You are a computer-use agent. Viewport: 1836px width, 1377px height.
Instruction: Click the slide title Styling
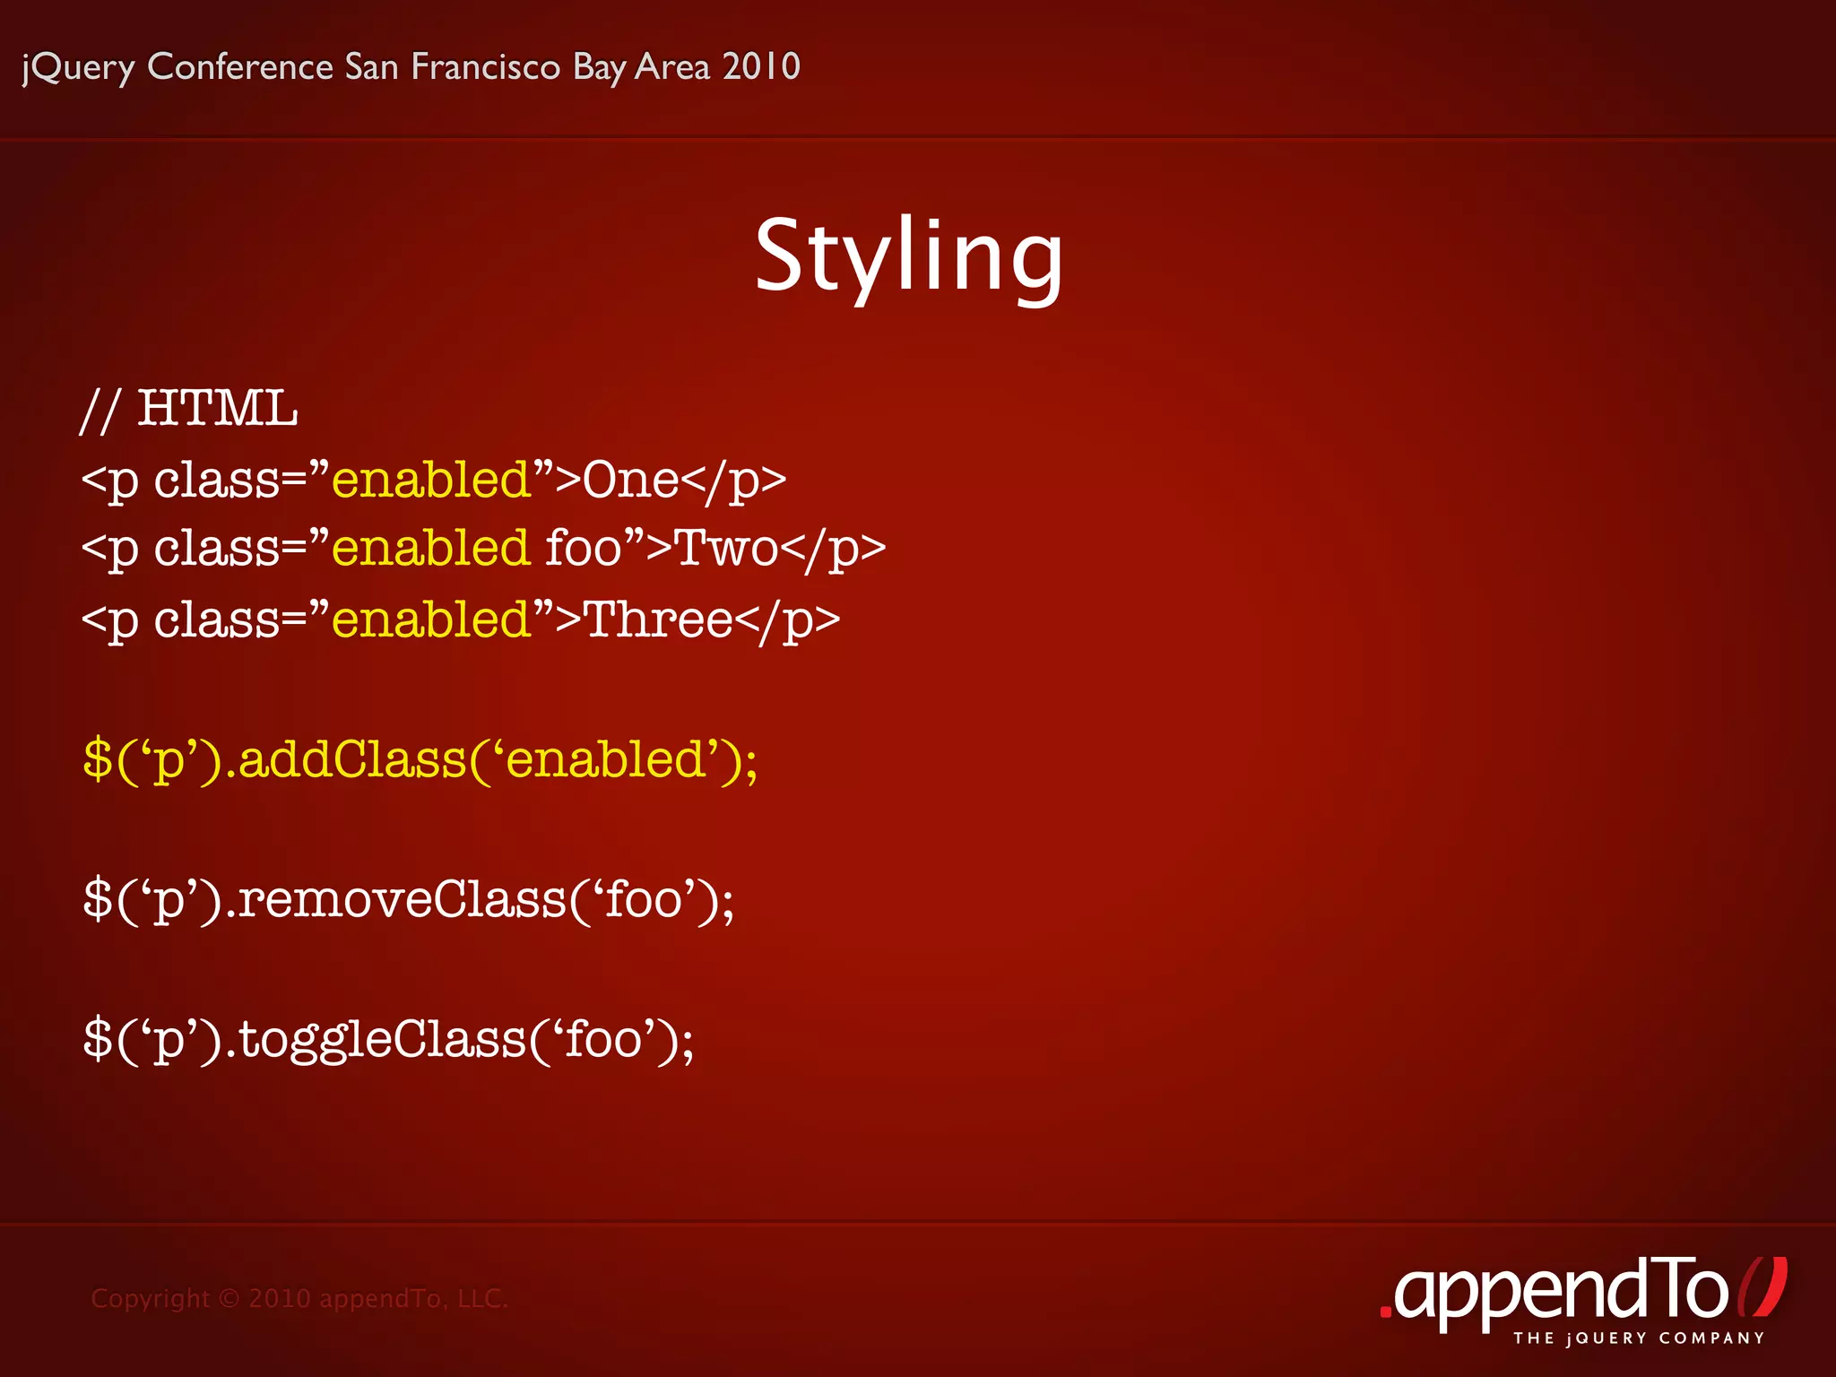[x=908, y=257]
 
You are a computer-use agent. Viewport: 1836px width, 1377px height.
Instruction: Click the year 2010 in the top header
[x=760, y=66]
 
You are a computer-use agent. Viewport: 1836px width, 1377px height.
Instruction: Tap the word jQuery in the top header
[x=78, y=68]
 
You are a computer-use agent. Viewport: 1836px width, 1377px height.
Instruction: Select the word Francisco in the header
[x=485, y=66]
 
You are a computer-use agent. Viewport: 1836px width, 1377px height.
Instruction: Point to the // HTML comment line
[x=189, y=410]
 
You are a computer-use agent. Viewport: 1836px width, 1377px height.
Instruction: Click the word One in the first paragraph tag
[x=630, y=480]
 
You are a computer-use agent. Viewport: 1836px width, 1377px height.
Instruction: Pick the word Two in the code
[x=725, y=548]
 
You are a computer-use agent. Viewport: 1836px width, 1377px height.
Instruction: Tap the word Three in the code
[x=658, y=619]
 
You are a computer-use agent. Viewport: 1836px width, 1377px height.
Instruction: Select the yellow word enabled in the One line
[x=431, y=480]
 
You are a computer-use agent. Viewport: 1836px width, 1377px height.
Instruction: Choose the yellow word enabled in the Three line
[x=431, y=619]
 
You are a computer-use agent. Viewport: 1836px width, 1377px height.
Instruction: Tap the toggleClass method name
[x=382, y=1040]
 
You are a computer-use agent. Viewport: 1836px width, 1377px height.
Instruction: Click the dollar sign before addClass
[x=97, y=759]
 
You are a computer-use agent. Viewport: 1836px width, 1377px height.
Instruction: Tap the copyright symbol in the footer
[x=229, y=1298]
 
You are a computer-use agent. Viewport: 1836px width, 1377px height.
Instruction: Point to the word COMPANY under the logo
[x=1711, y=1338]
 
